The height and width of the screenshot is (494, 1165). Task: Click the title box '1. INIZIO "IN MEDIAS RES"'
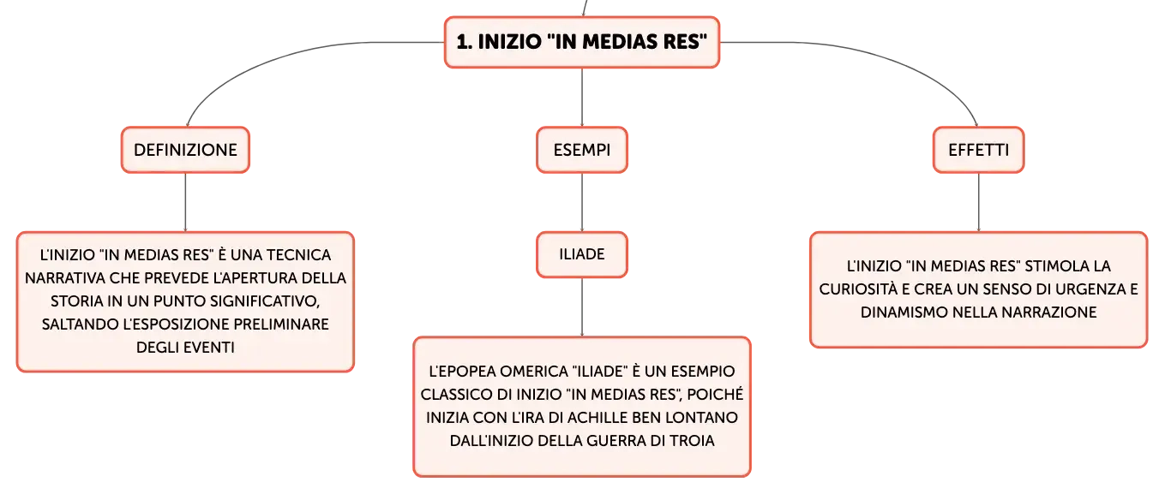(x=582, y=42)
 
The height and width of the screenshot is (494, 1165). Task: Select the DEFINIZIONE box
(x=186, y=150)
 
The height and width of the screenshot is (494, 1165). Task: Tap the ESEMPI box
(x=582, y=150)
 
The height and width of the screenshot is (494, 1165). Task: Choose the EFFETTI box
(x=978, y=150)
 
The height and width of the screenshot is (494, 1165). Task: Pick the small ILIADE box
(x=582, y=254)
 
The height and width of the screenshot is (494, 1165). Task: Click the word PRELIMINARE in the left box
(x=281, y=324)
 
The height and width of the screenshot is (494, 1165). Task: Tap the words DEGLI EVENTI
(x=186, y=348)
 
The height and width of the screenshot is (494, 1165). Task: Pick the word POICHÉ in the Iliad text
(x=715, y=395)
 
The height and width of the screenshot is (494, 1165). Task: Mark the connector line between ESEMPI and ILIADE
(x=582, y=202)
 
